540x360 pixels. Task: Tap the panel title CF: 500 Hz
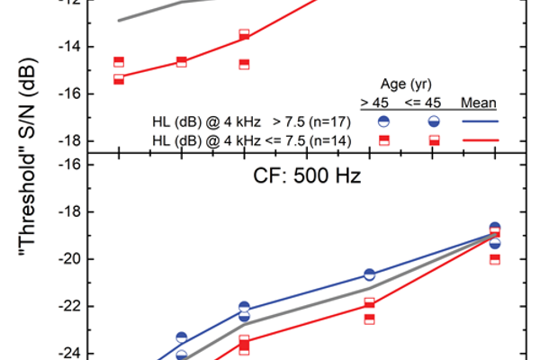(x=305, y=175)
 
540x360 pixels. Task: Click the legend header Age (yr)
(x=410, y=85)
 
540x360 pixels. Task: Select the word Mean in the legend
(x=479, y=102)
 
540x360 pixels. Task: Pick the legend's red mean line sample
(x=480, y=139)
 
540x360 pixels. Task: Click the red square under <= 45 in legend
(x=434, y=139)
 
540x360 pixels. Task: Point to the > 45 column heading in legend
(x=375, y=102)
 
